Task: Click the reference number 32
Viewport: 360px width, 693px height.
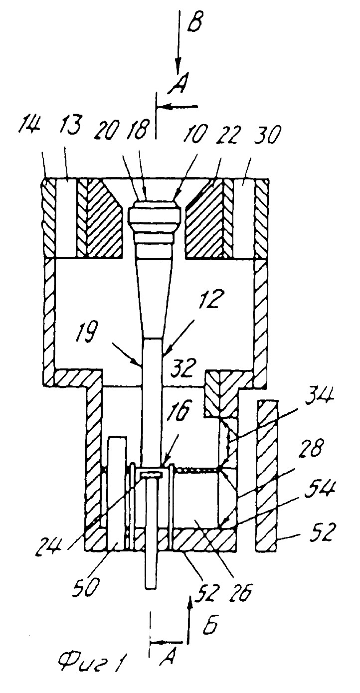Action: (x=184, y=367)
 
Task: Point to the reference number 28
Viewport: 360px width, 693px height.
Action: (x=310, y=448)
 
